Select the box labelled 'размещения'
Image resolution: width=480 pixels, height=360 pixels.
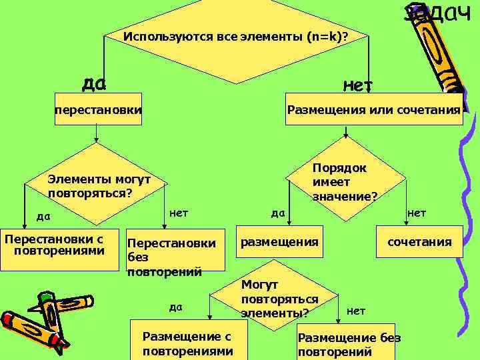tap(279, 242)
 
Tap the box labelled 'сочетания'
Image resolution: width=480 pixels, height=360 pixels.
tap(419, 243)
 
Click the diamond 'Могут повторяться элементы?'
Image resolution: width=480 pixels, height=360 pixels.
tap(279, 299)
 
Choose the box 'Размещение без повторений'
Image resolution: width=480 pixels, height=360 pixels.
tap(349, 345)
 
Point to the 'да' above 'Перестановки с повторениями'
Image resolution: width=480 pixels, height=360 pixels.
tap(43, 216)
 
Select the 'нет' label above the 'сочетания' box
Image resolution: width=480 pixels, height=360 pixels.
tap(417, 213)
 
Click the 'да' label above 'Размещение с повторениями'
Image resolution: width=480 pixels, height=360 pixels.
tap(175, 307)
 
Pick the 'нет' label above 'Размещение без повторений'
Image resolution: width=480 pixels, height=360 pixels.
tap(356, 311)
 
